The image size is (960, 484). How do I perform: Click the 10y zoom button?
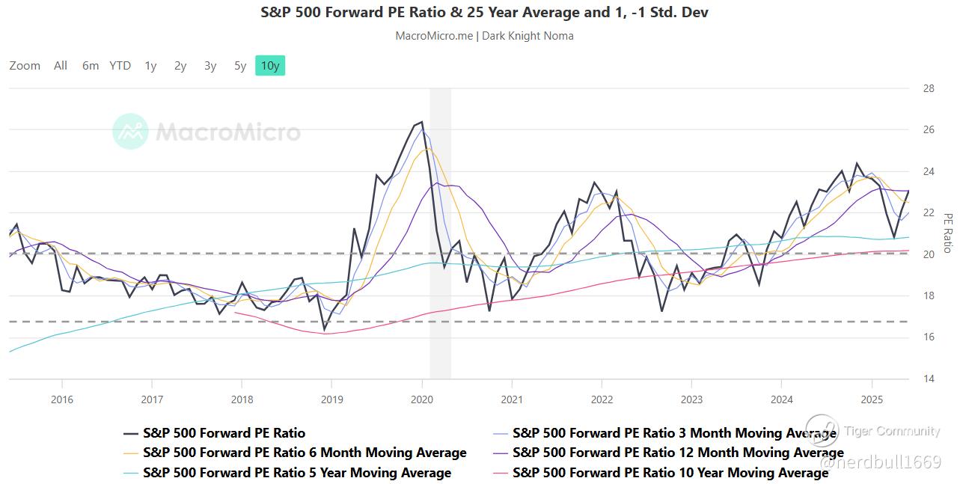tap(269, 66)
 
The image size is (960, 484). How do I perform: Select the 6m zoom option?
tap(91, 66)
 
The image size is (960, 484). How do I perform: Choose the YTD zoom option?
tap(120, 66)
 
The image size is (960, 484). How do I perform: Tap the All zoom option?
tap(61, 66)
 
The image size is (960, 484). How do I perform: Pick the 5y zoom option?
tap(239, 66)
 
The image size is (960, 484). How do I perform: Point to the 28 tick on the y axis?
tap(929, 88)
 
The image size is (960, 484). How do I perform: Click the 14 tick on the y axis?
tap(929, 379)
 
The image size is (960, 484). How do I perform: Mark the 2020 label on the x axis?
tap(422, 399)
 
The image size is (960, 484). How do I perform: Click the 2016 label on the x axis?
tap(62, 399)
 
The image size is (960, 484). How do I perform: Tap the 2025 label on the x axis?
tap(872, 399)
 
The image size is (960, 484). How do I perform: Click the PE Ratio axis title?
tap(947, 233)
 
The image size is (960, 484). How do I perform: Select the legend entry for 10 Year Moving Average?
tap(670, 473)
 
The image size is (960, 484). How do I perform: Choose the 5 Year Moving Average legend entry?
tap(297, 473)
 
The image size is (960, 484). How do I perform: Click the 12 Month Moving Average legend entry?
tap(678, 453)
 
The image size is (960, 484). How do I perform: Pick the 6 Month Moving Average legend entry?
tap(305, 453)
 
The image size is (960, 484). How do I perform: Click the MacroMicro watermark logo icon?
tap(130, 132)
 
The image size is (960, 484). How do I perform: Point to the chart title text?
tap(484, 13)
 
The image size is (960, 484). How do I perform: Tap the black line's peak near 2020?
tap(421, 122)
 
